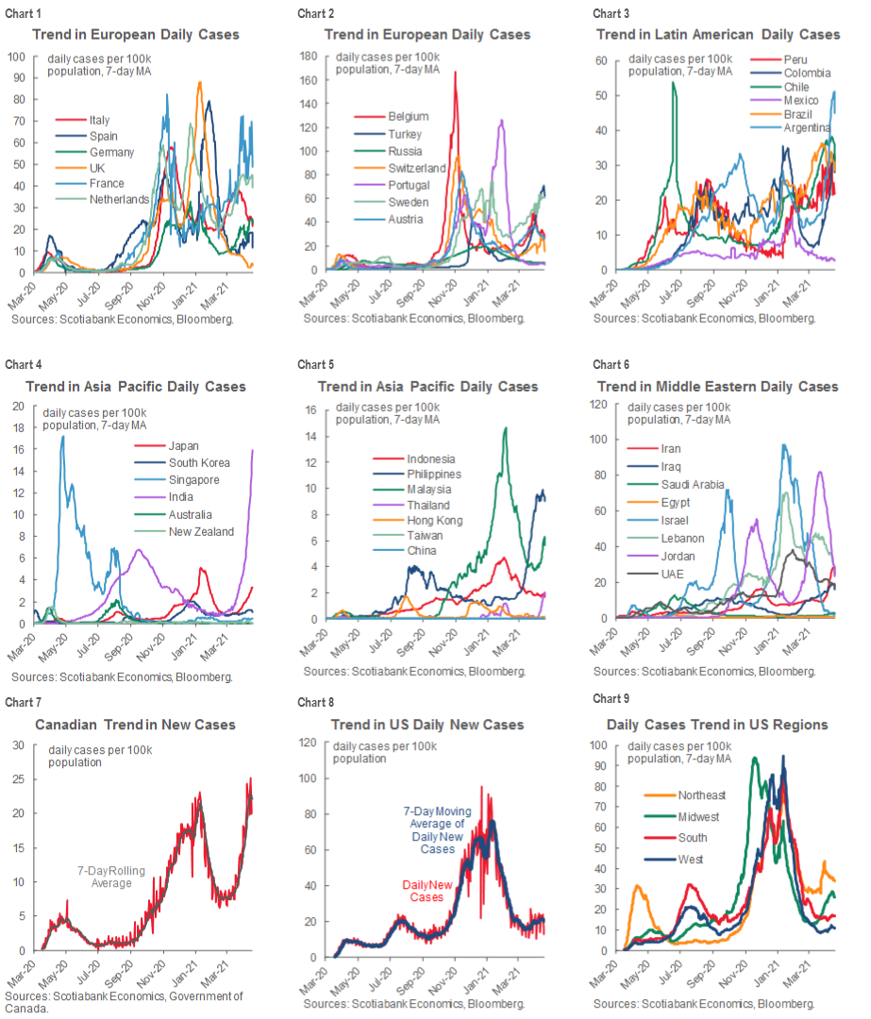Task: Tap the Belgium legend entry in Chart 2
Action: [408, 116]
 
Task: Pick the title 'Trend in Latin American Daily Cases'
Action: [718, 34]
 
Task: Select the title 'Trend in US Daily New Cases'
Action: [427, 725]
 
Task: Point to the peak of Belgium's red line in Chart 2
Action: [456, 72]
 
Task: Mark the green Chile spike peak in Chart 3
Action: [674, 82]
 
